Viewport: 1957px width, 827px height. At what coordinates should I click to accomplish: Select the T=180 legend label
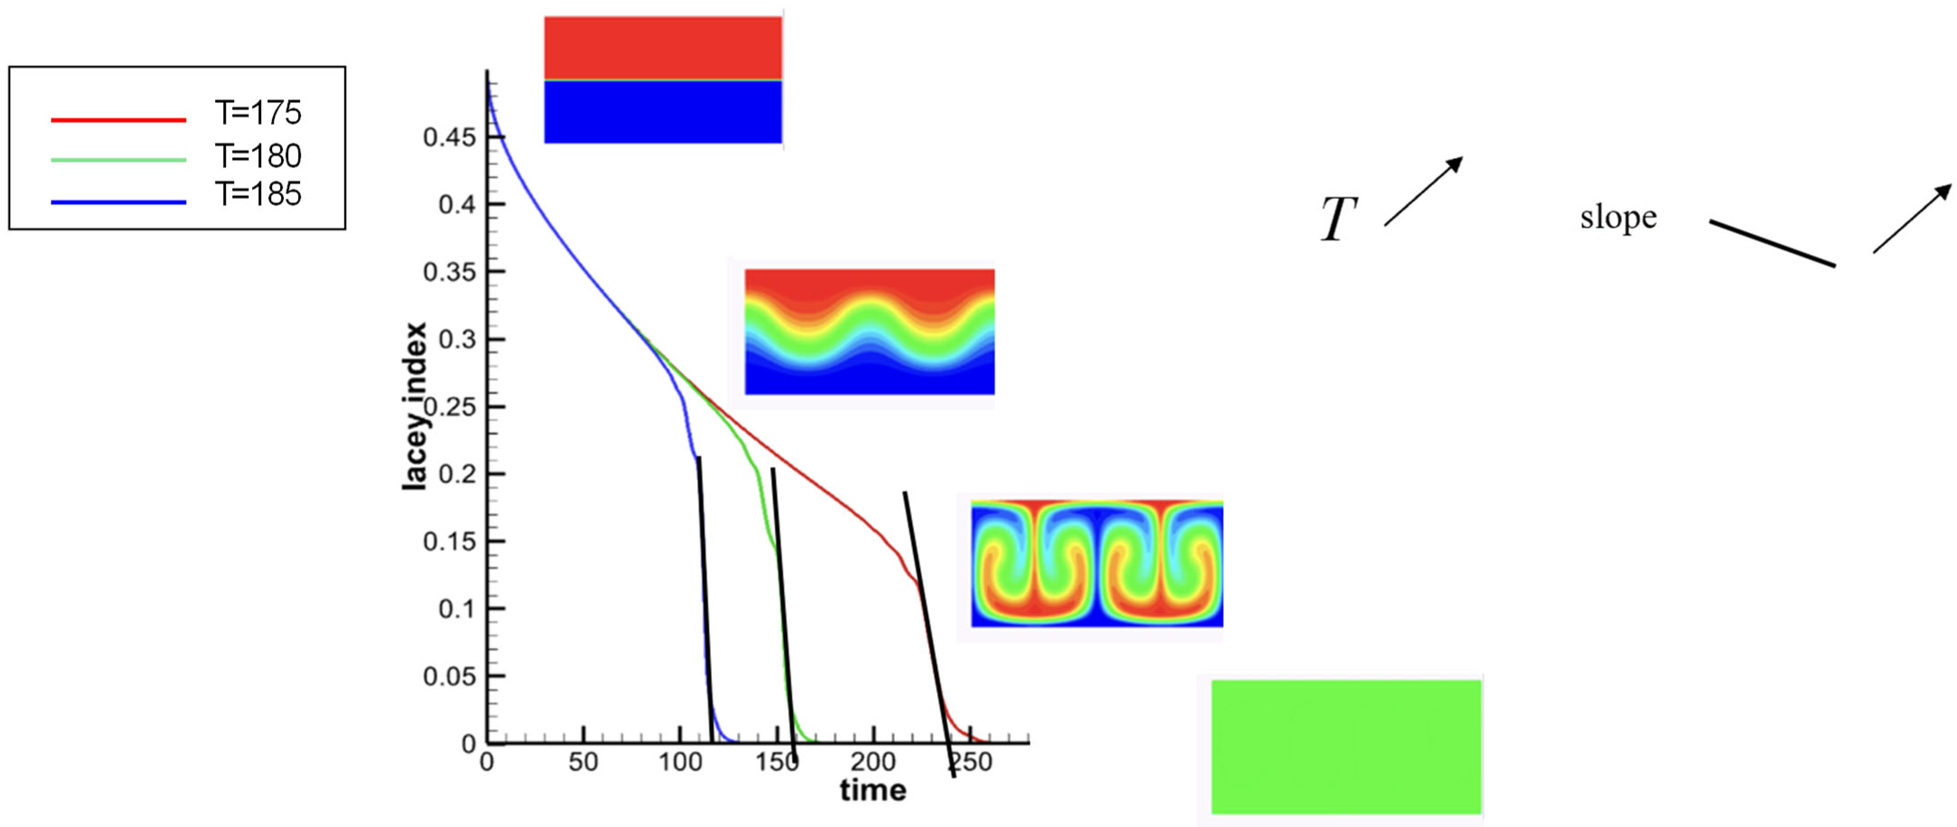(x=258, y=156)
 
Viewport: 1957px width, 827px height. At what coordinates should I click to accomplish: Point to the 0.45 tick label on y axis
(x=449, y=138)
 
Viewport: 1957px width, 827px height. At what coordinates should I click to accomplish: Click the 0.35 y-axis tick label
(x=449, y=272)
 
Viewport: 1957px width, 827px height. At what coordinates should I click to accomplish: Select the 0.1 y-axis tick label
(x=457, y=609)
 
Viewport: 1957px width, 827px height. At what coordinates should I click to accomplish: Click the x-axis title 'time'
(x=873, y=790)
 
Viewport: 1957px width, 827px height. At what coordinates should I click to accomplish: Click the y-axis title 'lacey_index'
(x=415, y=406)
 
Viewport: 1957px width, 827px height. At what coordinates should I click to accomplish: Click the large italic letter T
(x=1339, y=219)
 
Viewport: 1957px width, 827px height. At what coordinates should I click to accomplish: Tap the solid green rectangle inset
(x=1346, y=747)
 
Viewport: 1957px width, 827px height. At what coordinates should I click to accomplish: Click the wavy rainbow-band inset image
(x=869, y=332)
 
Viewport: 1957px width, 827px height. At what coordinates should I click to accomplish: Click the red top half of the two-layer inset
(x=662, y=47)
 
